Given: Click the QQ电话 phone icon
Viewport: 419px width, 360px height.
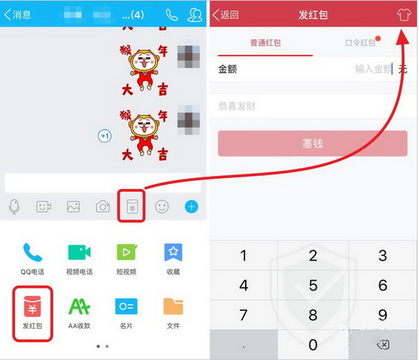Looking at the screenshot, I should [x=33, y=252].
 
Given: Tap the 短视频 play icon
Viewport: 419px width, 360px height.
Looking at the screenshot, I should [x=126, y=252].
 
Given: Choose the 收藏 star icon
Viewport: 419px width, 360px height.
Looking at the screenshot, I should [x=173, y=252].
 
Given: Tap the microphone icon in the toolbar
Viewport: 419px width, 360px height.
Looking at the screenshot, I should [x=14, y=207].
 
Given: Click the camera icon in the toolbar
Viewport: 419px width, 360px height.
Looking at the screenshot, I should [x=103, y=207].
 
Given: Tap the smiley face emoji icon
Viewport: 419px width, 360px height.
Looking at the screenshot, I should [x=162, y=207].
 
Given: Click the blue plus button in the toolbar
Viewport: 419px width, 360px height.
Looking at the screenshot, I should [x=191, y=207].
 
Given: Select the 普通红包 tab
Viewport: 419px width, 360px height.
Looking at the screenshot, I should [x=265, y=43].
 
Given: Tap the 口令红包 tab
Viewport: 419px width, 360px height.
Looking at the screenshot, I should [x=360, y=43].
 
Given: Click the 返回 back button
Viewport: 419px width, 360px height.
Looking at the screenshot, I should [x=226, y=15].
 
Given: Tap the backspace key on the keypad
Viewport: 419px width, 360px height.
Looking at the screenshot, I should [x=382, y=345].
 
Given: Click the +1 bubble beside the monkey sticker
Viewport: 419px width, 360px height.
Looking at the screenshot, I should [x=105, y=135].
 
